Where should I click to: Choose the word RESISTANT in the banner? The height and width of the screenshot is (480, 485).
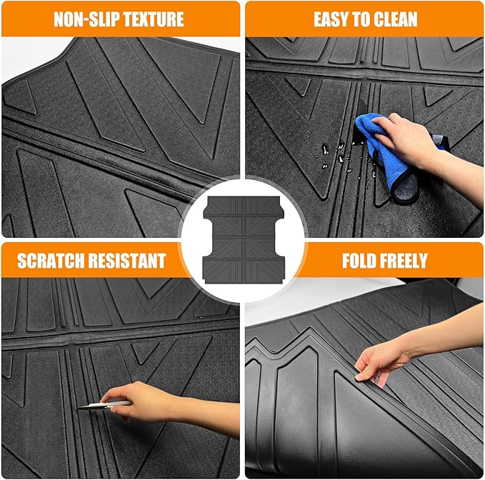(x=131, y=260)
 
